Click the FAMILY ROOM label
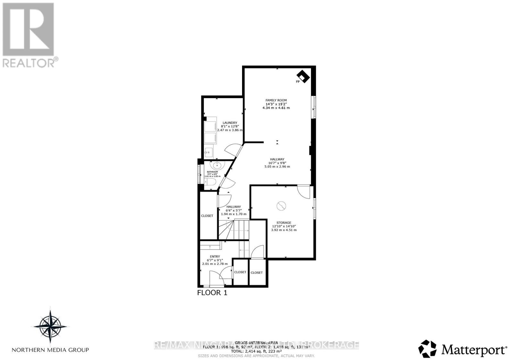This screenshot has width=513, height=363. point(276,100)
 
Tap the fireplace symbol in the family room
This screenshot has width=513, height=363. point(303,77)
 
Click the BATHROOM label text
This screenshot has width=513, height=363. point(212,172)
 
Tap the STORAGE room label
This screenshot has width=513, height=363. point(284,223)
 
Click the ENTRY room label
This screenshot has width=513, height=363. point(215,257)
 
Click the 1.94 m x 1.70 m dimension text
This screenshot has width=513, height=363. point(234,214)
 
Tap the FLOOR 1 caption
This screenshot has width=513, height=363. point(212,293)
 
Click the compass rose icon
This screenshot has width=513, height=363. point(50,326)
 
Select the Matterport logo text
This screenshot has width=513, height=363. point(474,350)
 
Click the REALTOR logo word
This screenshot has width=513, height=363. point(29,63)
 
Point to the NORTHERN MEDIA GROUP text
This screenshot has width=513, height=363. point(50,350)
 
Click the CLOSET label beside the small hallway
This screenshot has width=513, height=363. point(207,216)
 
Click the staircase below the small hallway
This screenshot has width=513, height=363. point(234,229)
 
